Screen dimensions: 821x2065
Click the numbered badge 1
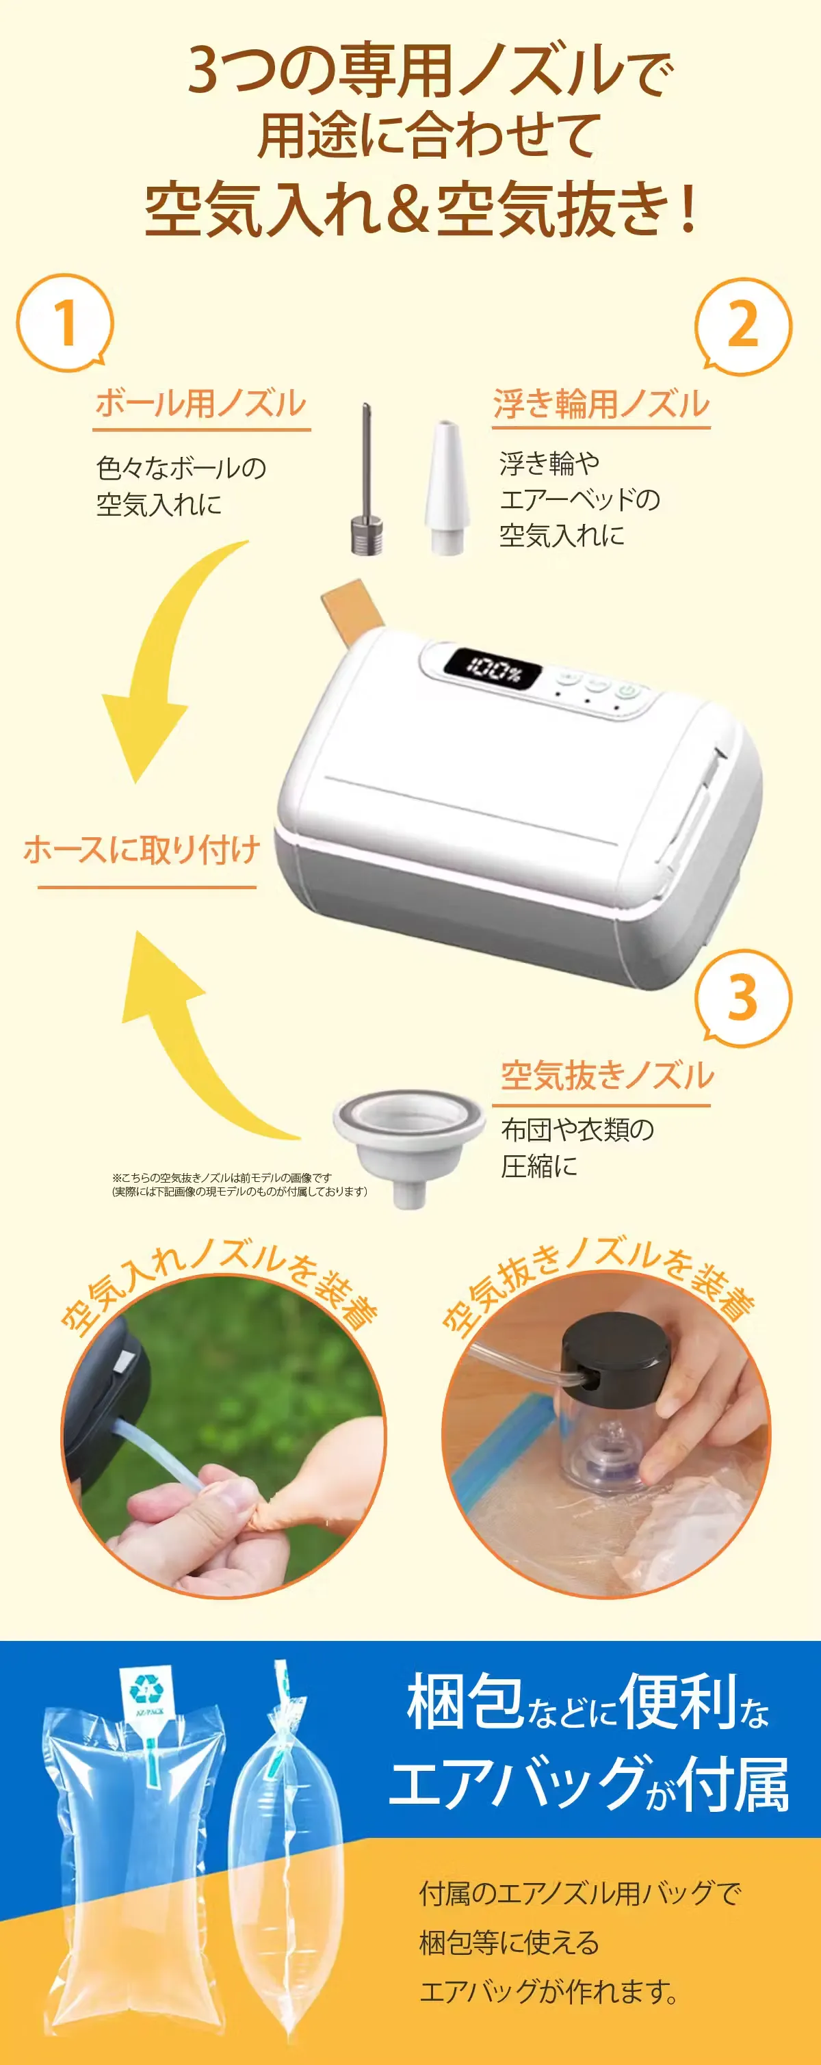click(65, 323)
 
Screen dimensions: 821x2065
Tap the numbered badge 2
click(743, 326)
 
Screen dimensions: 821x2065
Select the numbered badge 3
click(743, 997)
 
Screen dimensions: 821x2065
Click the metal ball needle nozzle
click(367, 479)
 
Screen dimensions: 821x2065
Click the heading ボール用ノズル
click(201, 404)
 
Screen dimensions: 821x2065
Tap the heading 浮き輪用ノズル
click(601, 404)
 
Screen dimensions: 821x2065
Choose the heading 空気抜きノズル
click(607, 1075)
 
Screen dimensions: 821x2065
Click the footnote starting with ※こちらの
click(239, 1184)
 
